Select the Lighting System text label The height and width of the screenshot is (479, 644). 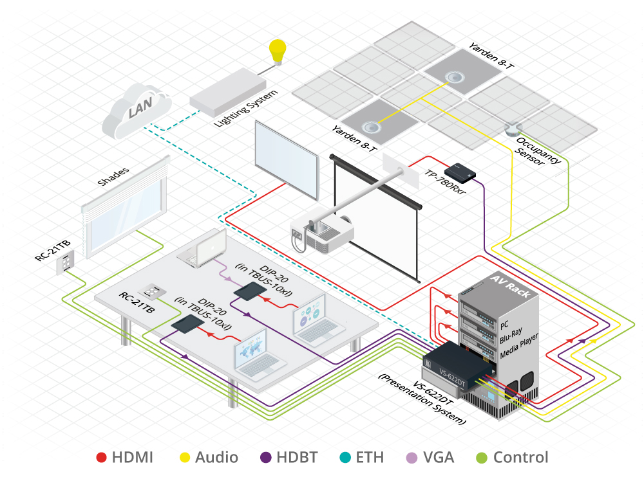[x=246, y=105]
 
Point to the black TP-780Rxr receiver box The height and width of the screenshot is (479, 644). [x=459, y=171]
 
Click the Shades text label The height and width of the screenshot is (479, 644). [x=114, y=177]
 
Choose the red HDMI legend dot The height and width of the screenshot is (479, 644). [x=101, y=458]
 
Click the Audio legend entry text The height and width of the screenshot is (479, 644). [x=216, y=458]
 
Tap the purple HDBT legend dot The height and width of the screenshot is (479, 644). [x=265, y=458]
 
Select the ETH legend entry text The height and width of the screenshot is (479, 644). [x=369, y=458]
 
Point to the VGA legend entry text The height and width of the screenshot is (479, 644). [x=439, y=458]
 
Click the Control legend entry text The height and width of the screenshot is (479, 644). [x=520, y=458]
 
